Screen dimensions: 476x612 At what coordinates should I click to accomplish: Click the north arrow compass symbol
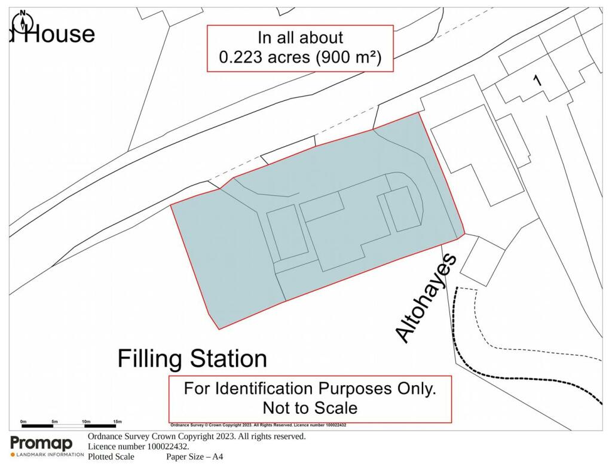point(23,22)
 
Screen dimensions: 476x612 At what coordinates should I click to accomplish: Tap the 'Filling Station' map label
point(192,359)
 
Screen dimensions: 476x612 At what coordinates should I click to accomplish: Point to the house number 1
point(537,79)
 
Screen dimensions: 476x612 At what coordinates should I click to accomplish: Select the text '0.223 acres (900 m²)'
point(300,58)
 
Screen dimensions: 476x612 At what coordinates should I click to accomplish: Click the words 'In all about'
point(300,37)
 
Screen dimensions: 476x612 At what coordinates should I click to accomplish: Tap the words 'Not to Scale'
point(310,408)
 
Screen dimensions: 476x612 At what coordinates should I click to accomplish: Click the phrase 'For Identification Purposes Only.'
point(310,388)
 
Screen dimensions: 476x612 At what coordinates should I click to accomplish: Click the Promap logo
point(42,444)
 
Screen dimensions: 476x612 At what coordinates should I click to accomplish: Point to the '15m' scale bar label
point(117,422)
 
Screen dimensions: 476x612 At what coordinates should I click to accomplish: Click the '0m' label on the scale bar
point(23,422)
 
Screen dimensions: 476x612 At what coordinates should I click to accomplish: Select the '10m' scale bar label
point(85,422)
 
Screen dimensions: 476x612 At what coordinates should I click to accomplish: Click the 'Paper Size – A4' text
point(194,457)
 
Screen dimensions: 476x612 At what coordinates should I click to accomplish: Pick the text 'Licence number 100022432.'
point(139,447)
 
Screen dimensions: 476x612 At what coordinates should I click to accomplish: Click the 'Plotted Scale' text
point(111,457)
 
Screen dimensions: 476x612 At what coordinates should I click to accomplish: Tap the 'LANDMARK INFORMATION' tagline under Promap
point(47,455)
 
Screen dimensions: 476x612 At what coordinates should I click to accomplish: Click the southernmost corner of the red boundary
point(219,328)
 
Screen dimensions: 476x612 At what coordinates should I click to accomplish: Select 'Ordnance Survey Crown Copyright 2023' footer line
point(197,437)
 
